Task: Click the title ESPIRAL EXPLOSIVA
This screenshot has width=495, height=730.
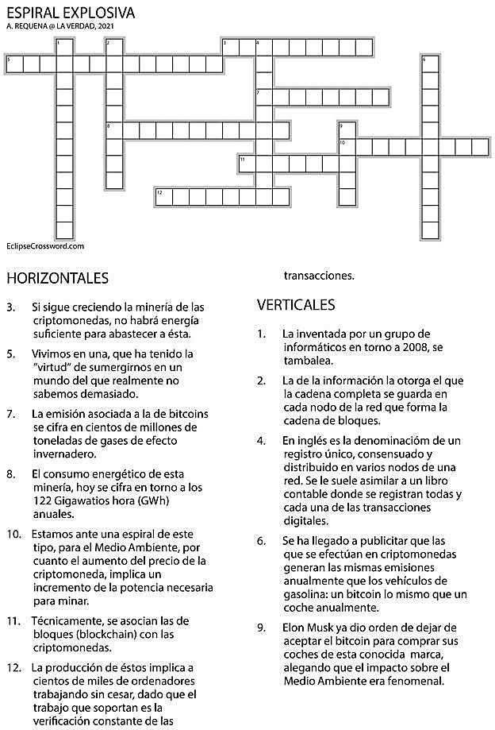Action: (x=70, y=14)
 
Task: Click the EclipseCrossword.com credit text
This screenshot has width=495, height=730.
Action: (x=44, y=246)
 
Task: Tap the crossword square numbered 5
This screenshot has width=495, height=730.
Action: (x=13, y=64)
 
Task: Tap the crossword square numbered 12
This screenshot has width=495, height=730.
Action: (x=163, y=195)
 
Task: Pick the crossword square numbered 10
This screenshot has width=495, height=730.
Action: (x=346, y=146)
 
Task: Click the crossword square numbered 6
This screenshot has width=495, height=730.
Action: (x=429, y=64)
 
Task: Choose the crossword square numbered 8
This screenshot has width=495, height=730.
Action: (x=113, y=129)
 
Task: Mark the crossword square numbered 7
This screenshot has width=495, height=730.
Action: (x=263, y=96)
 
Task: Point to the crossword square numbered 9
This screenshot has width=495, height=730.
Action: (x=346, y=129)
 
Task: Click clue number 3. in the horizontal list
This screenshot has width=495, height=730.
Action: (x=10, y=306)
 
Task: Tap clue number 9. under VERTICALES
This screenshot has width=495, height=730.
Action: (x=261, y=628)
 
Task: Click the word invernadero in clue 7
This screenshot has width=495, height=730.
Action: (x=63, y=454)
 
